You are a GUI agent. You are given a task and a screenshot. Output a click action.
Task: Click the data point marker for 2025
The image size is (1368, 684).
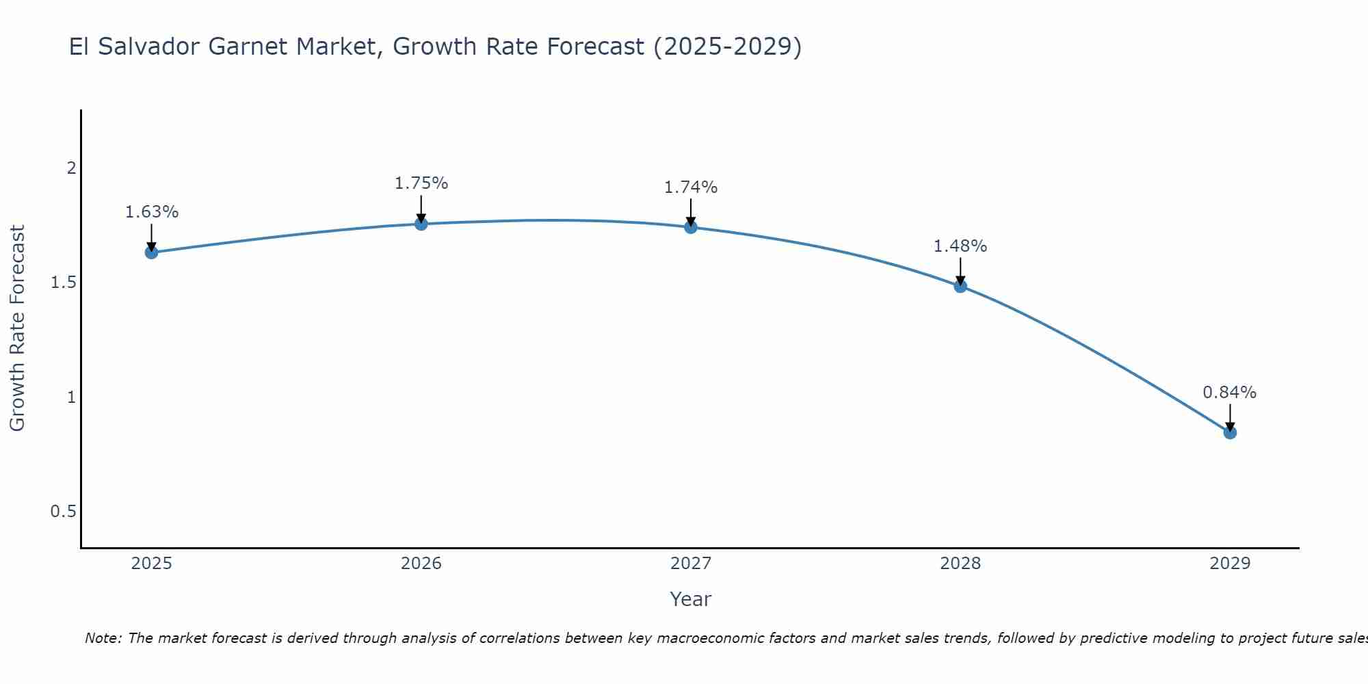[151, 252]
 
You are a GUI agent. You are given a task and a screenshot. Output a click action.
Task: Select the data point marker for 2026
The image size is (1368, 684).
[421, 224]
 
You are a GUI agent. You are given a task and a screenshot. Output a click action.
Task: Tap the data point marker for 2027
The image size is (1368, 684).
[691, 227]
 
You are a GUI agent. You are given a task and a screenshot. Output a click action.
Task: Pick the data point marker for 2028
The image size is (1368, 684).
[960, 286]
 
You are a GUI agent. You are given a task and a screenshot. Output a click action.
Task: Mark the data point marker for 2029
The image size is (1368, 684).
[1230, 432]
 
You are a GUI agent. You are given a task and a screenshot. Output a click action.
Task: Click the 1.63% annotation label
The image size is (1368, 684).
[151, 212]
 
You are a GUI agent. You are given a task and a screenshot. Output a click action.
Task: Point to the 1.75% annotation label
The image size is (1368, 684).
[421, 183]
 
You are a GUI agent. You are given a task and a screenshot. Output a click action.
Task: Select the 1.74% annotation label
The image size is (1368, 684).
[691, 187]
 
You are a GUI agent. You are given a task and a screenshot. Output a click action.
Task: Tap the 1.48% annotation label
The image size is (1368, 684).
[960, 246]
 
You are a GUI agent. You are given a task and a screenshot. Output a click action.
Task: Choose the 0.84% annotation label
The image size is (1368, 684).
[1230, 393]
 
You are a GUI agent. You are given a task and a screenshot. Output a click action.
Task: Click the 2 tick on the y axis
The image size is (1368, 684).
[71, 168]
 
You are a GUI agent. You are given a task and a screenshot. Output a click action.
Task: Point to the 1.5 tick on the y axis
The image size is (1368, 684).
[63, 282]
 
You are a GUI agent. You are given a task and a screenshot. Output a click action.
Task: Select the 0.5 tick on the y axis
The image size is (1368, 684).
[63, 512]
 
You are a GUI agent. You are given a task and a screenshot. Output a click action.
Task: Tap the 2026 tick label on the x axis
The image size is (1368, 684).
[421, 564]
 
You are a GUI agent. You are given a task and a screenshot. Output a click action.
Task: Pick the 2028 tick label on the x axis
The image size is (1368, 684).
[960, 564]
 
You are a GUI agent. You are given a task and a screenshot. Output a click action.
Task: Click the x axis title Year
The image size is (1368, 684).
[691, 599]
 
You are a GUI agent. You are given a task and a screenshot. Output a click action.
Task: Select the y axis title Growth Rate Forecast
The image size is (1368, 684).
[17, 328]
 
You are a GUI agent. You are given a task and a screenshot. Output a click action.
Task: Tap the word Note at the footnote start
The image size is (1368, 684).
[103, 638]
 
